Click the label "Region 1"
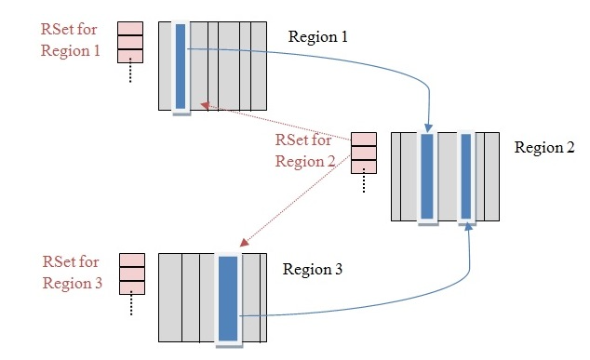pos(317,37)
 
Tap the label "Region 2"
pos(544,148)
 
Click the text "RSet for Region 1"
pos(70,40)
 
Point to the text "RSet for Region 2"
pos(303,151)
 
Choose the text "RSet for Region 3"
pos(73,272)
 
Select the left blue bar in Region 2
pos(427,177)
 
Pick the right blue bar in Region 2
pos(467,177)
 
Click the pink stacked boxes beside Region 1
pos(129,41)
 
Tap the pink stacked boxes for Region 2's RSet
pos(363,152)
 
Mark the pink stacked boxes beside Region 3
pos(132,273)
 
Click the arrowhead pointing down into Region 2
pos(428,127)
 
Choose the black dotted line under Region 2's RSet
pos(363,183)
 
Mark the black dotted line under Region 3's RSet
pos(132,304)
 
